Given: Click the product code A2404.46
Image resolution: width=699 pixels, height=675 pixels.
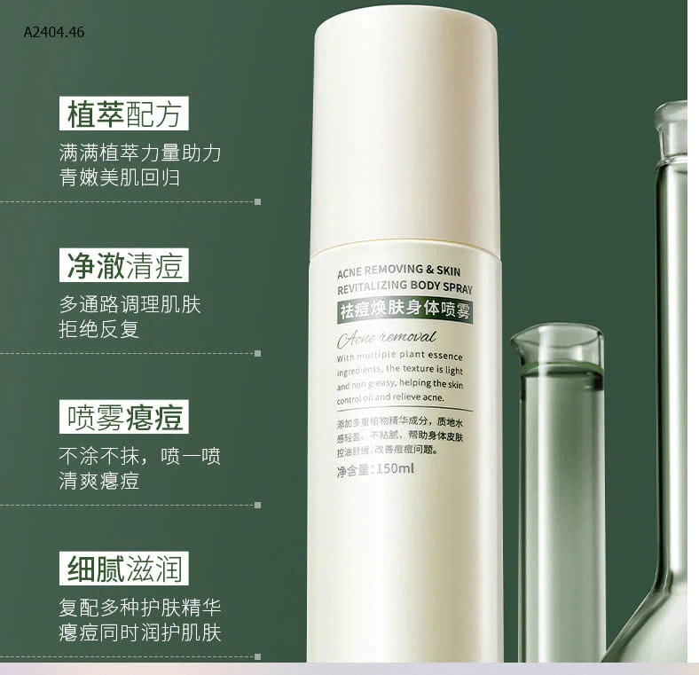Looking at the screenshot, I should tap(53, 32).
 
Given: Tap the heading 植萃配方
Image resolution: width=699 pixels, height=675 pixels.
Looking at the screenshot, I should tap(124, 114).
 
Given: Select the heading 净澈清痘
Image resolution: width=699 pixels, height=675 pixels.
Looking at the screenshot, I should tap(124, 265).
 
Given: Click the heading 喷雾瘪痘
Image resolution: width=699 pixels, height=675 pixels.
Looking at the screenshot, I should tap(124, 417).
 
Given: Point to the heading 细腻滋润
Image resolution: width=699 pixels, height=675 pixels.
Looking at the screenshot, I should tap(124, 569).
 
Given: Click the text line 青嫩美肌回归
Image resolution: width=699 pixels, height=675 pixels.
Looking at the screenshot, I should tap(119, 177).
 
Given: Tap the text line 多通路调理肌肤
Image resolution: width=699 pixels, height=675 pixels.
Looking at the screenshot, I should tap(130, 304).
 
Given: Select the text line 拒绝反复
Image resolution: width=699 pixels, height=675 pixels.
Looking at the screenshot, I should tap(98, 330).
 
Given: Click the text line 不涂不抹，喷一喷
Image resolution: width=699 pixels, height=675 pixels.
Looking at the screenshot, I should tap(139, 457).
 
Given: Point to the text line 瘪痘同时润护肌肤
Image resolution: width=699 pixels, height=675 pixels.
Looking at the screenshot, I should tap(139, 633).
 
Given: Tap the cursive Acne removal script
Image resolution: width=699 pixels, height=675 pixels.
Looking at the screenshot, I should tap(388, 337).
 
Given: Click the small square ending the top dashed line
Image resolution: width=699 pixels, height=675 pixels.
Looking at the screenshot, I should tap(258, 201).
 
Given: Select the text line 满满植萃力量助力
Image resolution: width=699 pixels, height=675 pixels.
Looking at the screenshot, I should tap(139, 153).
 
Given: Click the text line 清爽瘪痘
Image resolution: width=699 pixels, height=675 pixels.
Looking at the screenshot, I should tap(98, 483).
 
